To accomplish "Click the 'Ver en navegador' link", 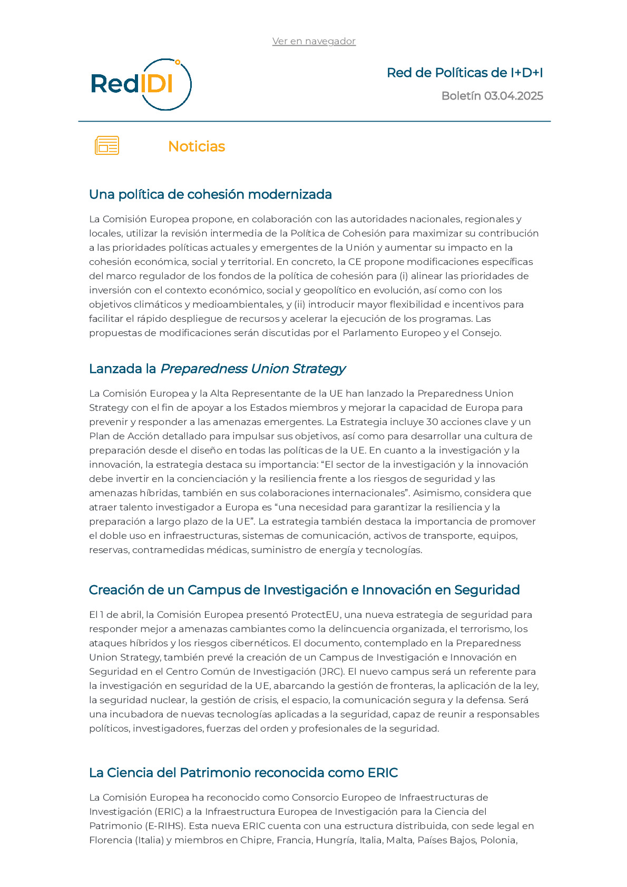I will (313, 41).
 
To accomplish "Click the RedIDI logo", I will (141, 84).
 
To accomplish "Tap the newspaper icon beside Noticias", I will (107, 145).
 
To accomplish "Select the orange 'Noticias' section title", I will (197, 146).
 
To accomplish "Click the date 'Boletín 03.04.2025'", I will (492, 96).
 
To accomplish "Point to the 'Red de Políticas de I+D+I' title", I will (465, 73).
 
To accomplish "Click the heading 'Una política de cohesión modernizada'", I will (210, 194).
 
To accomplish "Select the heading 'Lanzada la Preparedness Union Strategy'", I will (217, 369).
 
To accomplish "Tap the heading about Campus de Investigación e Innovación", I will (304, 590).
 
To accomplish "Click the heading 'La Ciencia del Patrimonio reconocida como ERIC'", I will (243, 773).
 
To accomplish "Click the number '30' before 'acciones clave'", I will (432, 422).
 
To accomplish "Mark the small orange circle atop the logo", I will (178, 62).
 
